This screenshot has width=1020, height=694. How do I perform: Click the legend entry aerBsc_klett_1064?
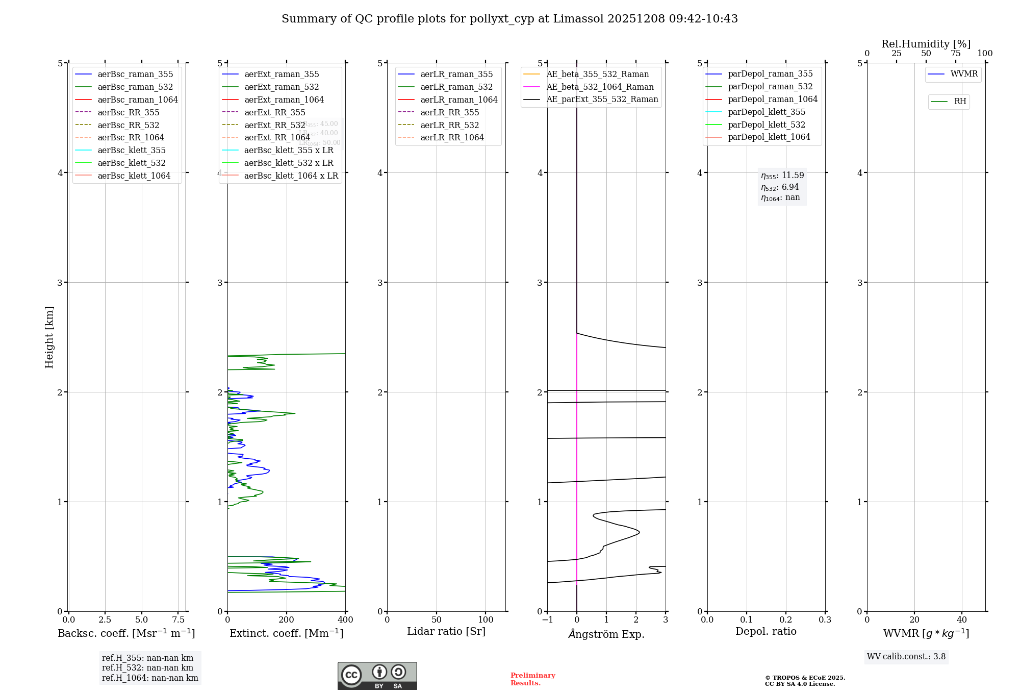(134, 176)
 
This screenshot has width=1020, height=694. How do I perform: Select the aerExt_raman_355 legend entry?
(282, 74)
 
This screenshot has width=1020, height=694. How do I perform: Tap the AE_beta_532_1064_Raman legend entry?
(600, 87)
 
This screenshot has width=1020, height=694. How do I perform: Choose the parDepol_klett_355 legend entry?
(767, 112)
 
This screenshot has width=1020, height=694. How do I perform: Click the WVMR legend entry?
(964, 74)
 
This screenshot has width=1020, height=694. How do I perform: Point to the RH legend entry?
(960, 102)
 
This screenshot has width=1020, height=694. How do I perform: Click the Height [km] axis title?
(49, 337)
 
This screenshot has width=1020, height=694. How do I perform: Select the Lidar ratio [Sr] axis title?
(446, 631)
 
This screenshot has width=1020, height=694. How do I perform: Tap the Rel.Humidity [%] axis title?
(926, 44)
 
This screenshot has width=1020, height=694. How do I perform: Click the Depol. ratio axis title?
(766, 631)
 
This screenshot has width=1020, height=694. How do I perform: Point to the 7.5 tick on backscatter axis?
(178, 620)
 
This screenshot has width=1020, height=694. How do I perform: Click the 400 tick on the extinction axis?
(345, 620)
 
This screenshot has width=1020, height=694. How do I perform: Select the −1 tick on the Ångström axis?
(547, 620)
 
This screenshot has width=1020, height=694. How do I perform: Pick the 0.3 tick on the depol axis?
(825, 620)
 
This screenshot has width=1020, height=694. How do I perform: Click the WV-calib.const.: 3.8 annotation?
(906, 657)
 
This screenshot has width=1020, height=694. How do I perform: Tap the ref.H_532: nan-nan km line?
(147, 668)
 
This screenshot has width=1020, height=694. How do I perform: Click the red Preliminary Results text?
(532, 679)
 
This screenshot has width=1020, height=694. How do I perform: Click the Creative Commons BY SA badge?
(377, 676)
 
